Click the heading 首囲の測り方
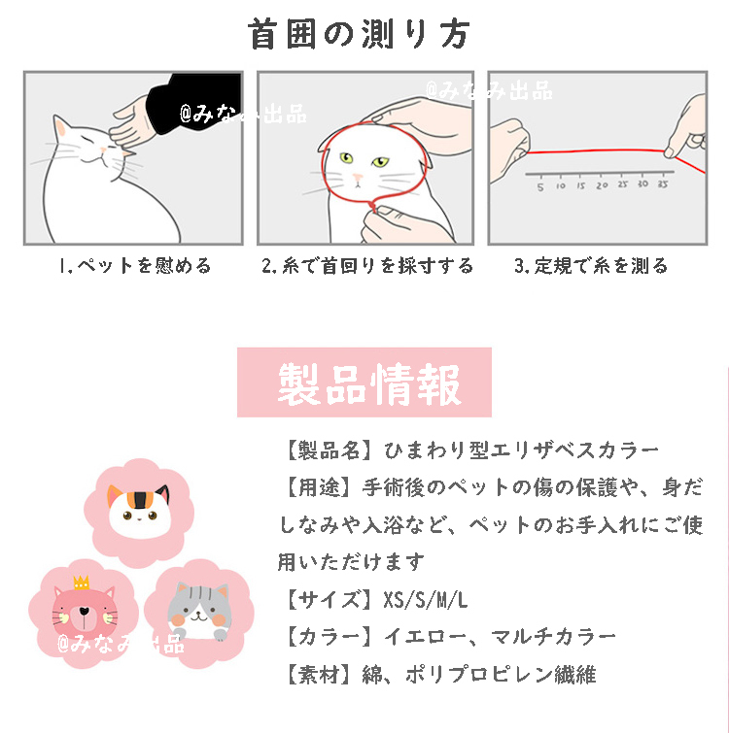359,34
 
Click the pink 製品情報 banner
364,383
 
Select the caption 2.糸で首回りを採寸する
367,265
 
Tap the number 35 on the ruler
662,183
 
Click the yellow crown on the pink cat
81,582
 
